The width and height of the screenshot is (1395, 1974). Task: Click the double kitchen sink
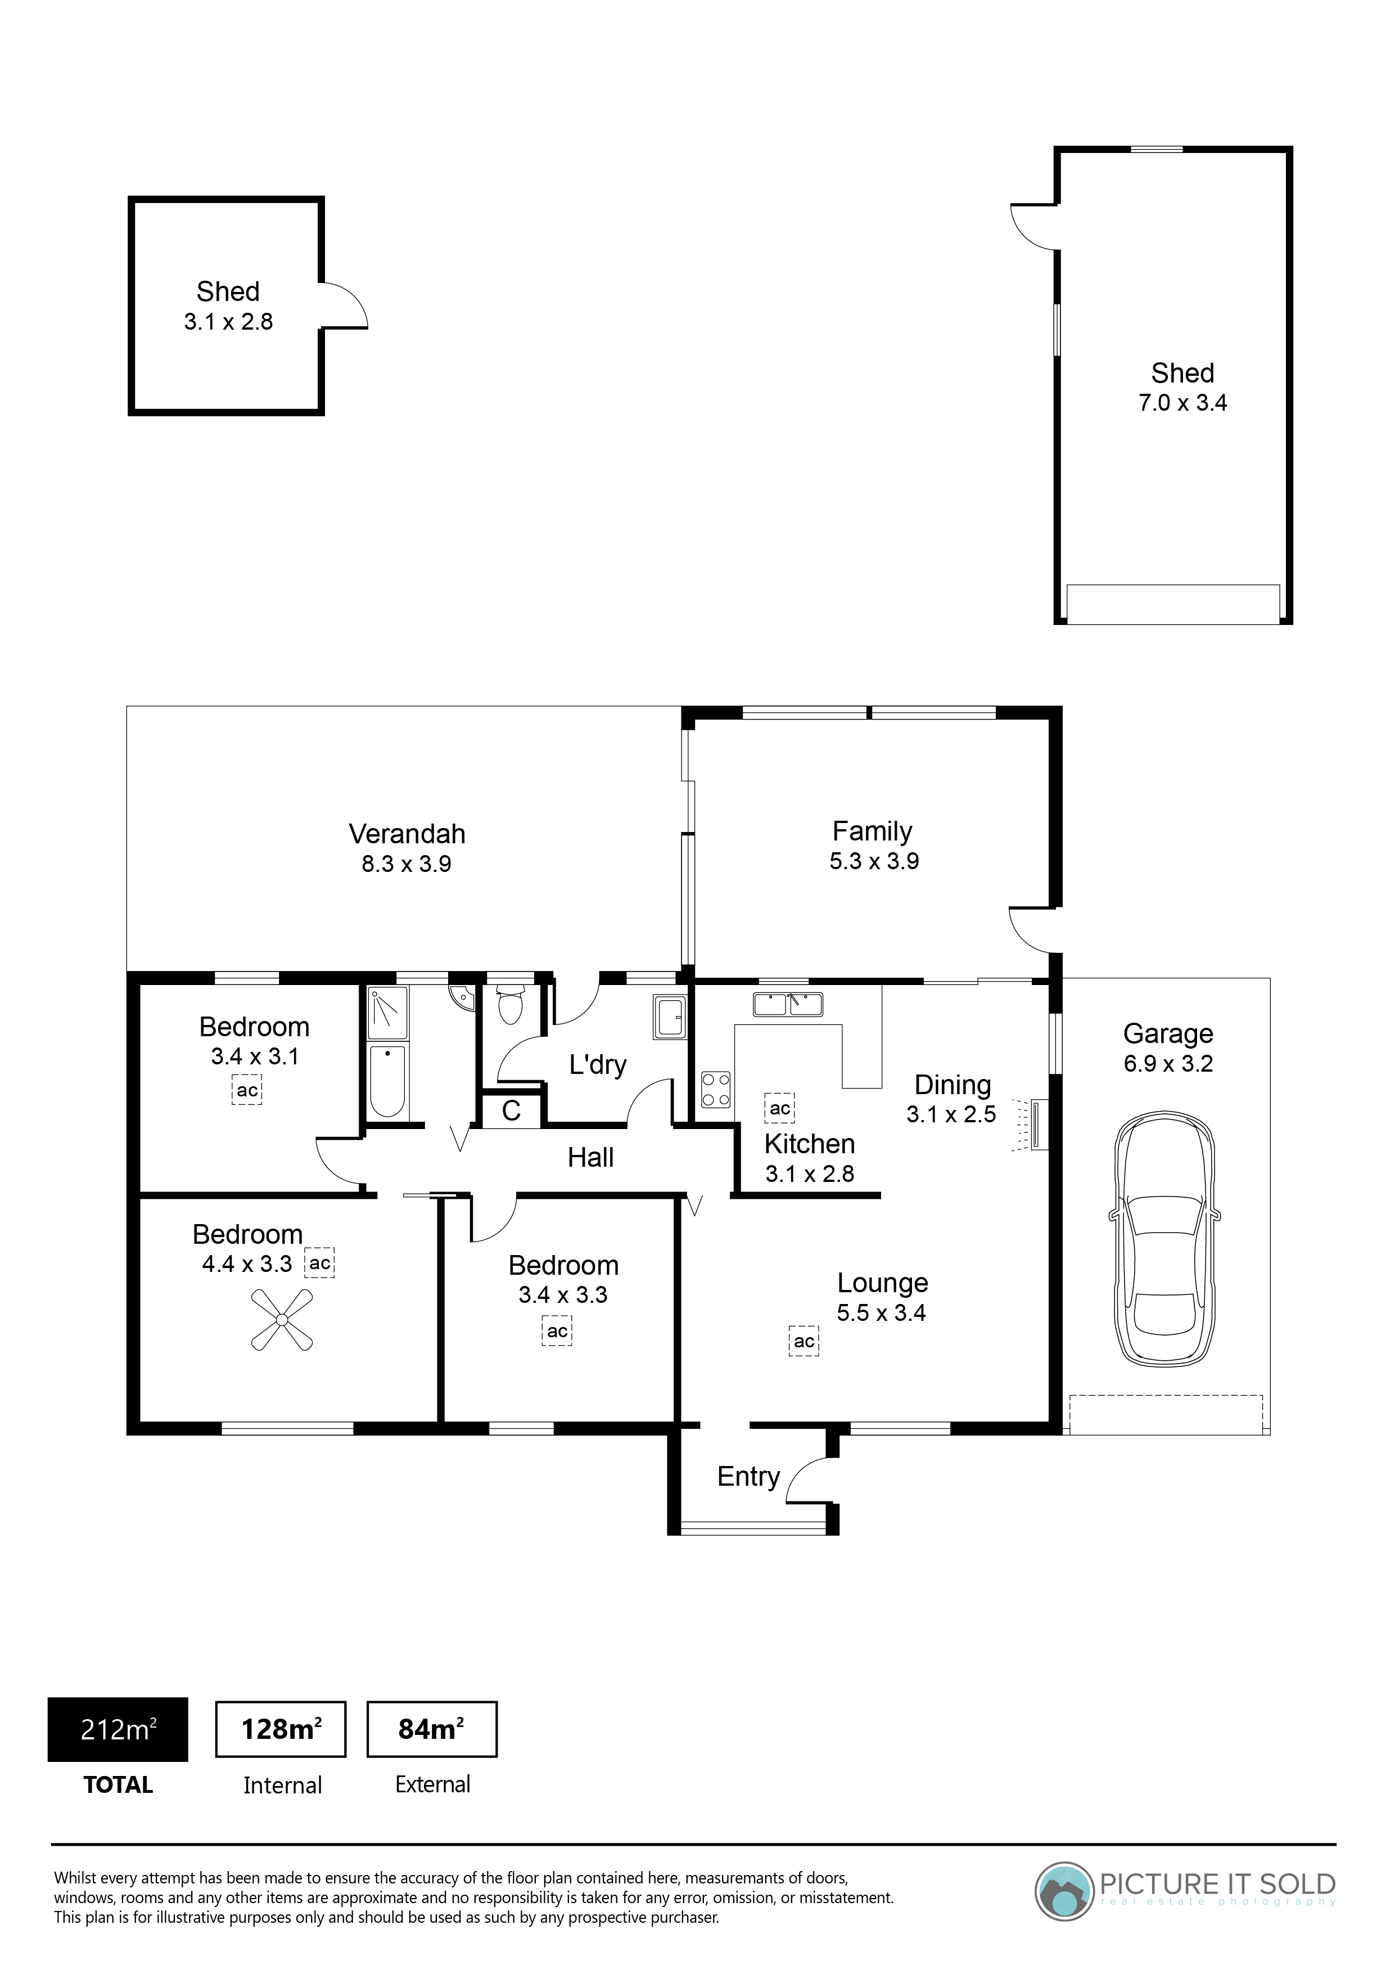tap(788, 1004)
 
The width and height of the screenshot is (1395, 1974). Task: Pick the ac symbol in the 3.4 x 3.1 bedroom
tap(247, 1090)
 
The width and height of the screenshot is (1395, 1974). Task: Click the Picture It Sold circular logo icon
tap(1064, 1891)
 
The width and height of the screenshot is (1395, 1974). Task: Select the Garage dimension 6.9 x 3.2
tap(1168, 1064)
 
